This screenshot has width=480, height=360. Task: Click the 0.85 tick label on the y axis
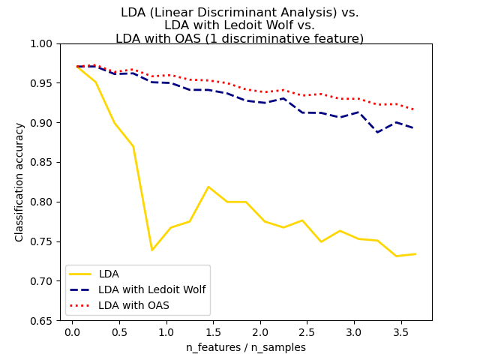[x=43, y=162]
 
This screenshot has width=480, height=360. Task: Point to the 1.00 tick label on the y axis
[x=43, y=43]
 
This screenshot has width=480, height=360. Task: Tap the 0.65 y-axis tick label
[x=43, y=320]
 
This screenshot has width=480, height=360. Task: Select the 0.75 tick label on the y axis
[x=43, y=241]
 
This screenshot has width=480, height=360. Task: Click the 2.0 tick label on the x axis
[x=259, y=332]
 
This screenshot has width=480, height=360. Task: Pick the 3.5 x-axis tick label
[x=400, y=332]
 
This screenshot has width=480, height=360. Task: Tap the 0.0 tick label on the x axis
[x=72, y=332]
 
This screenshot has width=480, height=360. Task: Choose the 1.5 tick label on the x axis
[x=212, y=332]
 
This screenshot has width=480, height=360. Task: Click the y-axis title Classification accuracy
[x=19, y=181]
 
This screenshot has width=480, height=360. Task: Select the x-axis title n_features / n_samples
[x=246, y=347]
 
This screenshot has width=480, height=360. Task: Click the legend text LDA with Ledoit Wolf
[x=152, y=289]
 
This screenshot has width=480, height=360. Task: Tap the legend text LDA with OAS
[x=134, y=305]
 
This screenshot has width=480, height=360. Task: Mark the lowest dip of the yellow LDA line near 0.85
[x=152, y=250]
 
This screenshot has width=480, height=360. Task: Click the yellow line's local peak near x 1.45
[x=208, y=187]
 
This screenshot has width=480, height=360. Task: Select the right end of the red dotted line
[x=415, y=110]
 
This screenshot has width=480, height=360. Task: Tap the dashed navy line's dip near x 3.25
[x=377, y=132]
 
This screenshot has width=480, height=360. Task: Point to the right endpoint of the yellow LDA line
[x=415, y=254]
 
